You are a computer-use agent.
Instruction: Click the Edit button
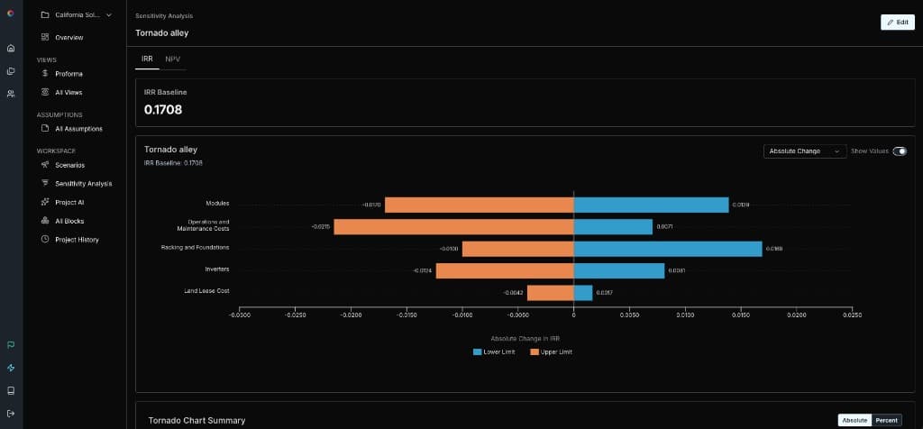(897, 23)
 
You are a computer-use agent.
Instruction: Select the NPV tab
(172, 59)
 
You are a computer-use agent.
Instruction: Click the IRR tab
(147, 59)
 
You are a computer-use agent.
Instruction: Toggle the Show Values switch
(899, 151)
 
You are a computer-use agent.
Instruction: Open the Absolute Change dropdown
(803, 151)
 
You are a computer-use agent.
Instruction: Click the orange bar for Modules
(479, 205)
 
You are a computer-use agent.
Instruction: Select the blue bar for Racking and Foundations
(667, 248)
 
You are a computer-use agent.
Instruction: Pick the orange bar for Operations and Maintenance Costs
(453, 226)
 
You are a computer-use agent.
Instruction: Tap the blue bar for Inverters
(618, 270)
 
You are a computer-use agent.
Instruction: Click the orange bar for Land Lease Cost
(550, 293)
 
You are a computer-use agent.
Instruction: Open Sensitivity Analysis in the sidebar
(83, 183)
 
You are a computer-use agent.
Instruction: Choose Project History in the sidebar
(77, 240)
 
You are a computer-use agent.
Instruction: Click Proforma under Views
(69, 74)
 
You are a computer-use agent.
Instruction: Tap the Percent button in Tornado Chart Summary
(887, 420)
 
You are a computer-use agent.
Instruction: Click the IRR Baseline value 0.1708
(163, 110)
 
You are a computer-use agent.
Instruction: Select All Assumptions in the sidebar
(85, 129)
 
